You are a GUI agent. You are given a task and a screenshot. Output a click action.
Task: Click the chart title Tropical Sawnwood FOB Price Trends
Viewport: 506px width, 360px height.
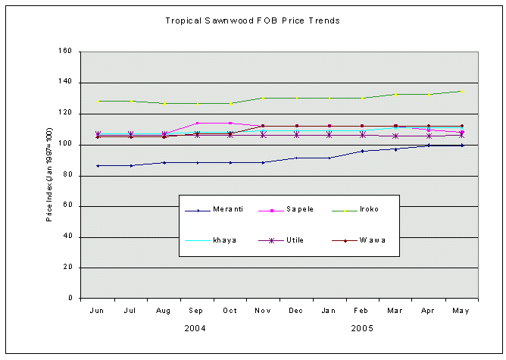point(253,20)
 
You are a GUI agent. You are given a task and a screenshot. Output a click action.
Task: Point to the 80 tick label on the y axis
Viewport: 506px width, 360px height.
point(67,175)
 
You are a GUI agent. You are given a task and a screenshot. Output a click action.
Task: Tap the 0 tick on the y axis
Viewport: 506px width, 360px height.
point(70,299)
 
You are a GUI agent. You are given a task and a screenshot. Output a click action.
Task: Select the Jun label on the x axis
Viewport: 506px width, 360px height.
point(98,310)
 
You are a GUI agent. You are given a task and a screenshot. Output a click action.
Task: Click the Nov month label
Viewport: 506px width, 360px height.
point(263,310)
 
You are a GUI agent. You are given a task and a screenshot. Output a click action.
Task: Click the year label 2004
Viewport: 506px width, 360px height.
point(196,329)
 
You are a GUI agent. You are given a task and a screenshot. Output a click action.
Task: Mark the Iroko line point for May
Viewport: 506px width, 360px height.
point(461,91)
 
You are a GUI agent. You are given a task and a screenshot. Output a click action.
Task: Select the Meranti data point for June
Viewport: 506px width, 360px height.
point(98,165)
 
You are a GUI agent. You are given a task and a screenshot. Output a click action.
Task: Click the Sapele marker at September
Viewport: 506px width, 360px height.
point(197,123)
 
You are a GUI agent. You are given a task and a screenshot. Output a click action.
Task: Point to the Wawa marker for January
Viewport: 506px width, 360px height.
point(329,126)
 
